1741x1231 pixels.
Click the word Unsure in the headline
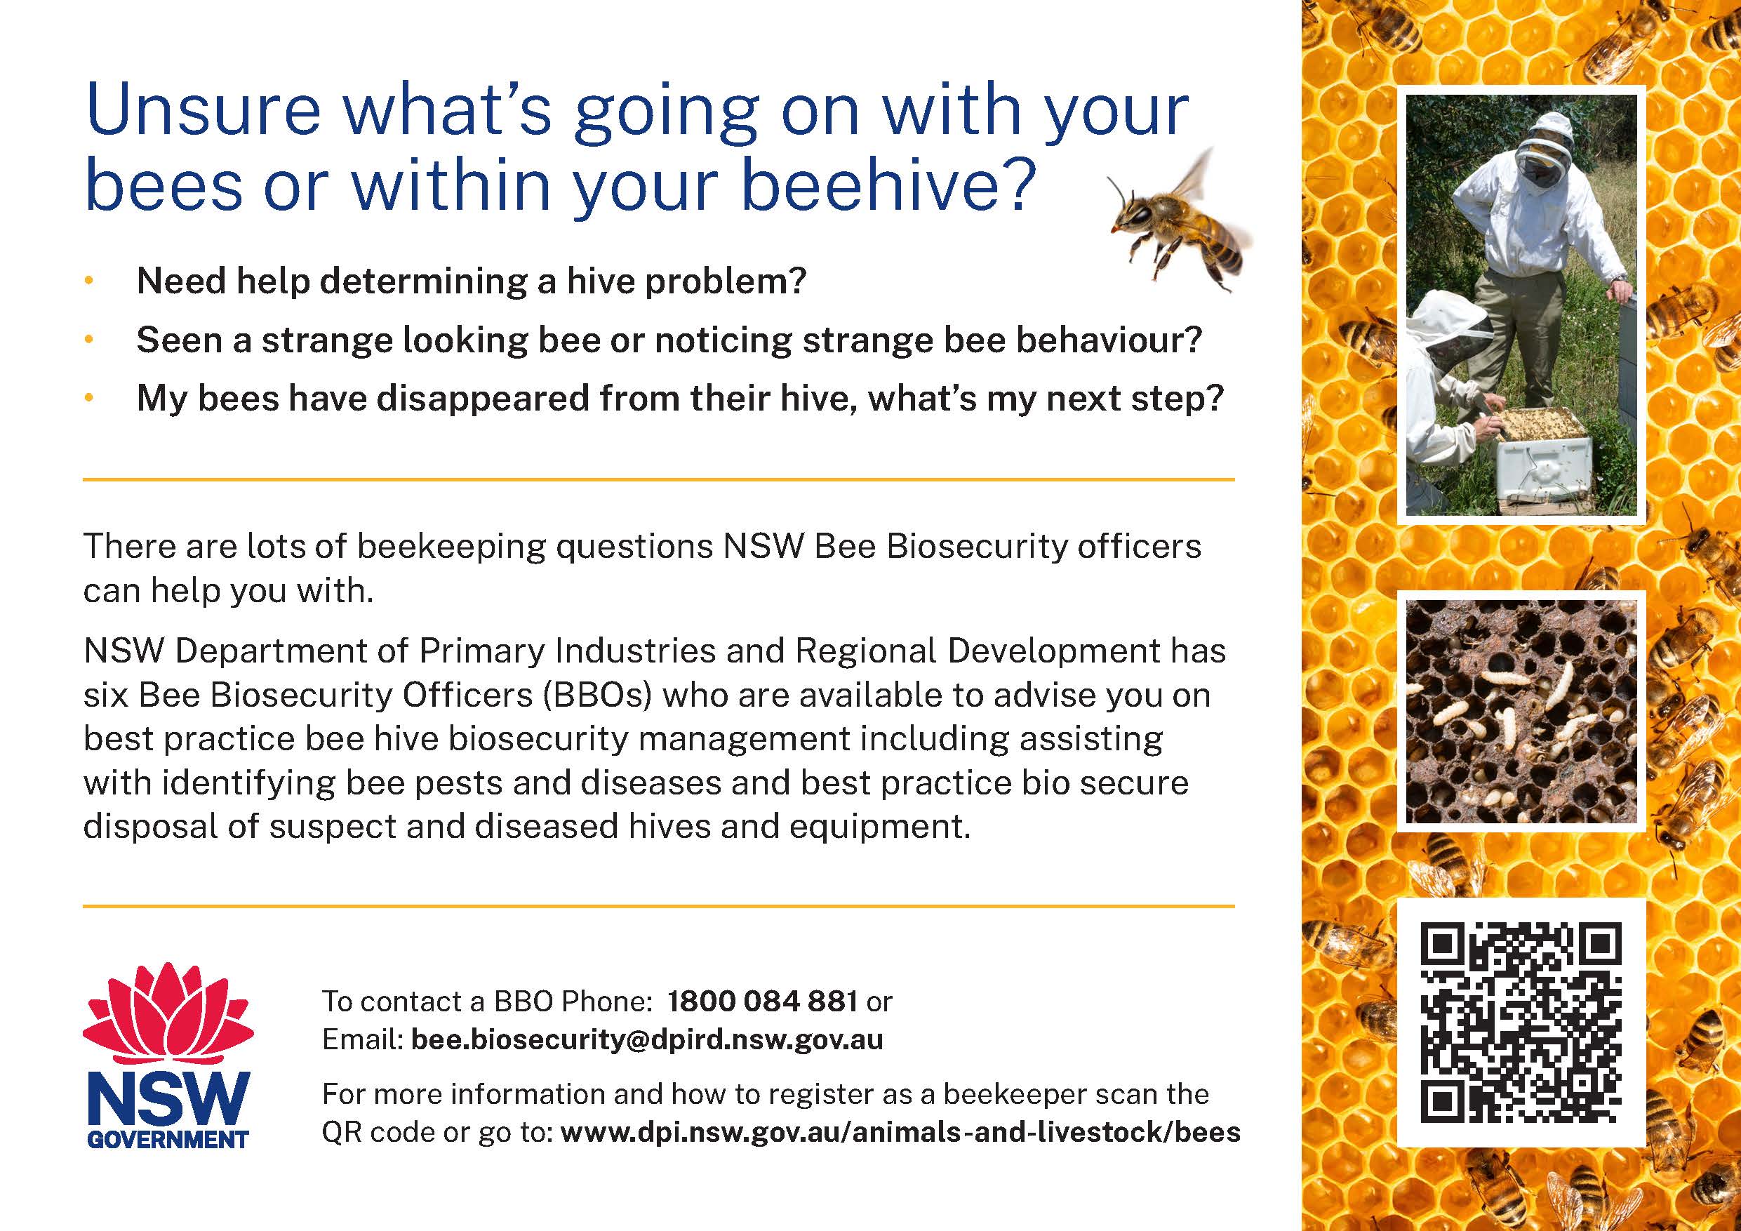pyautogui.click(x=204, y=111)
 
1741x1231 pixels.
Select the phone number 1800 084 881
pyautogui.click(x=762, y=1002)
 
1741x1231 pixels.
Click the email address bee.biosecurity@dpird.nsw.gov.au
pyautogui.click(x=647, y=1039)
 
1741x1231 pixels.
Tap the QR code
pyautogui.click(x=1521, y=1022)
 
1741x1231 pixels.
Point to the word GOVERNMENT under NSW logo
pyautogui.click(x=168, y=1139)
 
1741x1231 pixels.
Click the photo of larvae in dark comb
pyautogui.click(x=1521, y=712)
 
